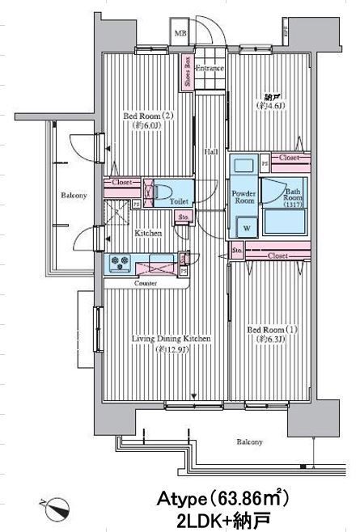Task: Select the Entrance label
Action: (x=209, y=70)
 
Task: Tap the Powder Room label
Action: (x=244, y=197)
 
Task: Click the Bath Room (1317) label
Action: (x=293, y=198)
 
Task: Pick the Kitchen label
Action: (x=148, y=233)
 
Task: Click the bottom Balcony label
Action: (x=249, y=442)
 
